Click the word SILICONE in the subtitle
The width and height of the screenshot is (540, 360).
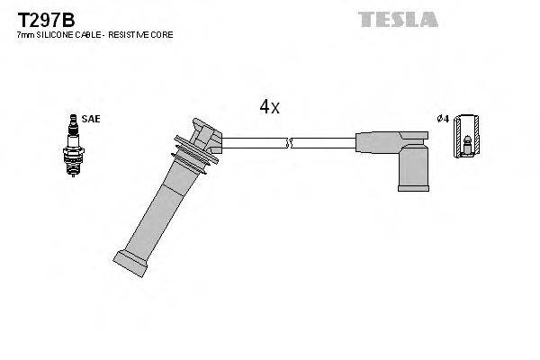coord(56,34)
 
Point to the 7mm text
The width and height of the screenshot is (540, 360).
coord(25,34)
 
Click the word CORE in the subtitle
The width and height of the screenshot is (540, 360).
coord(163,34)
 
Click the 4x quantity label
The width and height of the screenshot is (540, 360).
coord(269,107)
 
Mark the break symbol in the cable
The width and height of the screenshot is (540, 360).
coord(288,142)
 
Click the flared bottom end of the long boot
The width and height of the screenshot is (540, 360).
coord(131,262)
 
